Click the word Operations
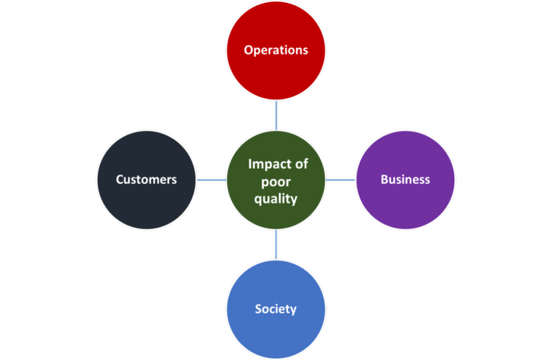coord(276,50)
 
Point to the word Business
coord(405,180)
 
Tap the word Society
coord(276,309)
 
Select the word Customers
coord(147,180)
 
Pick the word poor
coord(277,182)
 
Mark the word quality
coord(276,199)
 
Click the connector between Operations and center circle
coord(276,115)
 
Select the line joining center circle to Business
coord(341,180)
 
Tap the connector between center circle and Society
coord(276,244)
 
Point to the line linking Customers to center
coord(211,180)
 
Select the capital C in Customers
coord(120,180)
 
